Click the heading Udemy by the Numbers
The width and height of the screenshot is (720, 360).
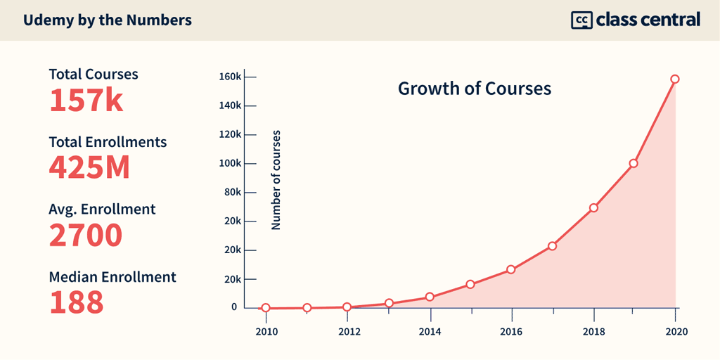pos(107,20)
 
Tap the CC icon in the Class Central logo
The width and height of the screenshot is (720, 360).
pos(581,20)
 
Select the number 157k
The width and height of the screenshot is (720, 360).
pos(86,101)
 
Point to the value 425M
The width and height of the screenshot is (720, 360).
pos(90,168)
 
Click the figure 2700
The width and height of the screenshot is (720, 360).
pos(86,235)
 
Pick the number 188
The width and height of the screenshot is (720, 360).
pos(76,302)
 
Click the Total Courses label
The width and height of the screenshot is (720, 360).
pos(94,74)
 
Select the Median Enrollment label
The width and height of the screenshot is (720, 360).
pos(112,277)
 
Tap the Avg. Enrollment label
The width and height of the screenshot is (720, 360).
pos(102,209)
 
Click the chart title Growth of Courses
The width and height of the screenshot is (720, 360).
pos(475,89)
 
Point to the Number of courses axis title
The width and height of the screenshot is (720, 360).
pos(276,180)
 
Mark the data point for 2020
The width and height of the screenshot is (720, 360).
pos(675,79)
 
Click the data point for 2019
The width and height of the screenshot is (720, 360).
pos(634,163)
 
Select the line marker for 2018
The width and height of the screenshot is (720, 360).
pos(593,207)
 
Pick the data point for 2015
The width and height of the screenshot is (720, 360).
pos(470,284)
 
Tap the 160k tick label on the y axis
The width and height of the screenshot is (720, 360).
pos(230,77)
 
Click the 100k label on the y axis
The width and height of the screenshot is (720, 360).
pos(230,163)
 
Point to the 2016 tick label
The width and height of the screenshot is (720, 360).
pos(512,331)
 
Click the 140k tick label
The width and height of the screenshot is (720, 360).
pos(230,105)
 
